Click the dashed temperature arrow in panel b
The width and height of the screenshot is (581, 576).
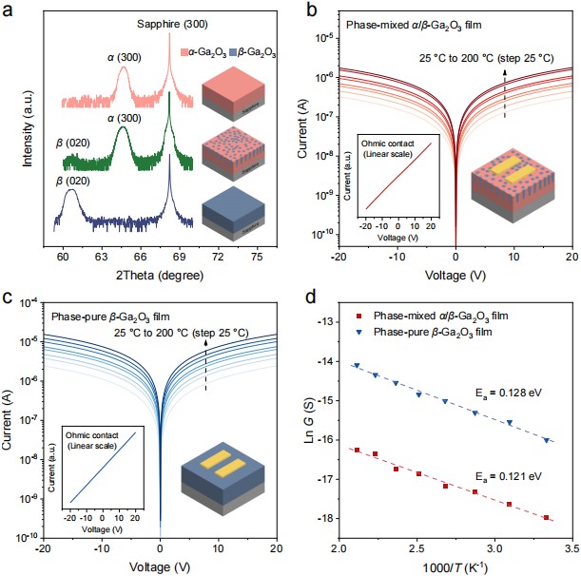point(504,98)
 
